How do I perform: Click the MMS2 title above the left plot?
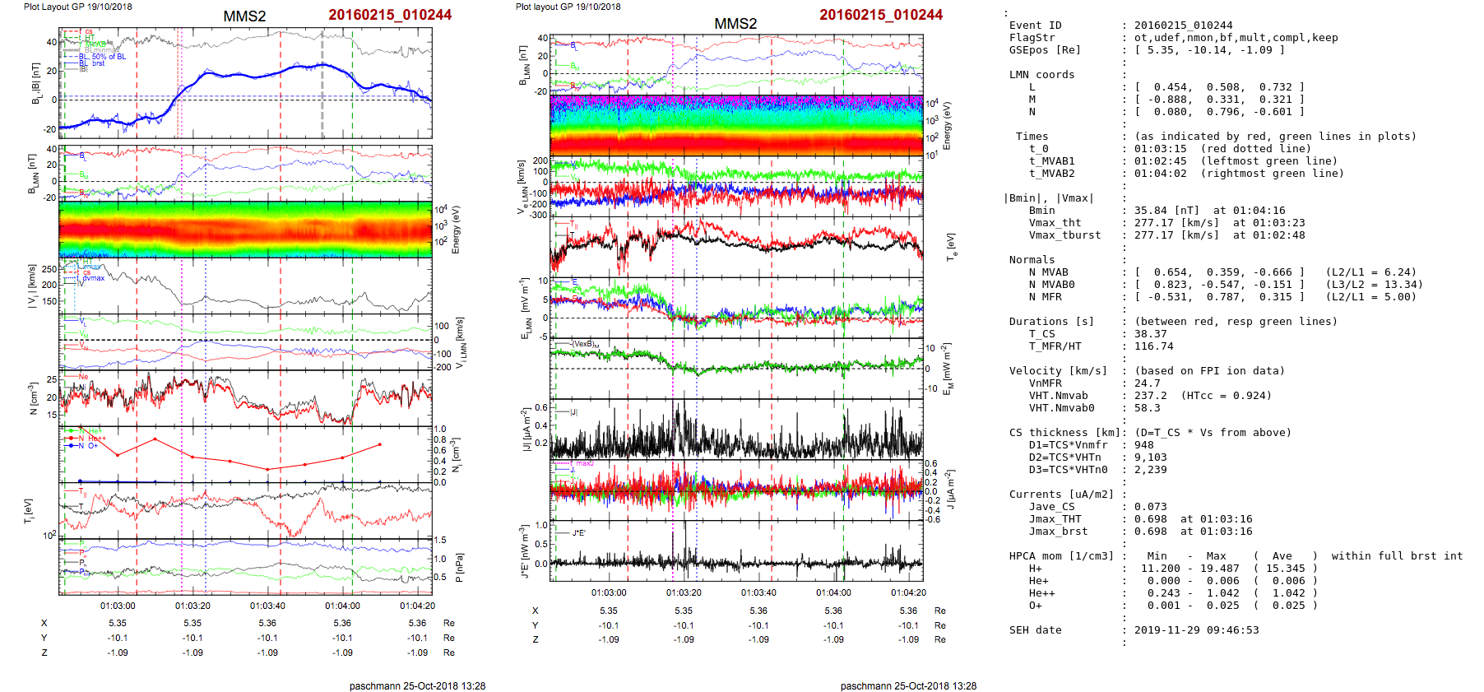[244, 16]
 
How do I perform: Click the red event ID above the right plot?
[880, 15]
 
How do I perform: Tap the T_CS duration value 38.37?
[1150, 334]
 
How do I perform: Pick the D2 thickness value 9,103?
[1150, 457]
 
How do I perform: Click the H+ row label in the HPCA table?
[1035, 569]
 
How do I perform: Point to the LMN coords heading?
[1041, 75]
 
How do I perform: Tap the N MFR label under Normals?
[1045, 297]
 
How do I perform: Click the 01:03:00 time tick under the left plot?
[118, 606]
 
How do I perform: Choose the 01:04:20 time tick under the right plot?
[908, 592]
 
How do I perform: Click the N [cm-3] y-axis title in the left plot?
[33, 398]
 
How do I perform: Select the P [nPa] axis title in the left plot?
[459, 567]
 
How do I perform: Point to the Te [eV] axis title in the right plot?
[951, 246]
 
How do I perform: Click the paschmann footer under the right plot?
[908, 685]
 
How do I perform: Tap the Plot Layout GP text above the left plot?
[77, 7]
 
